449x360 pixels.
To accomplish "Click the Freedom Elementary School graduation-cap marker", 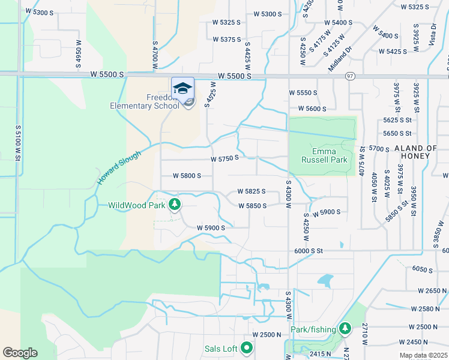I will tap(182, 89).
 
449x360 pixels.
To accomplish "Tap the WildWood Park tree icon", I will tap(174, 205).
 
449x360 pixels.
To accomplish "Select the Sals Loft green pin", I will tap(247, 347).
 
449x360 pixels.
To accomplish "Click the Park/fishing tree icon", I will tap(345, 329).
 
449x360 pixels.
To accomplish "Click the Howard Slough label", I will tap(119, 167).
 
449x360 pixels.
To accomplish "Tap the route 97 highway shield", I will tap(349, 76).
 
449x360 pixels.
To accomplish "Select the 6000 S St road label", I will tap(309, 251).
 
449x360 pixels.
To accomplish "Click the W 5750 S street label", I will tap(225, 158).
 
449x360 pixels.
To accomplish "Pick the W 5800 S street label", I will tap(186, 176).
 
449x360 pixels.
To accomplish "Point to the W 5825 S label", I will tap(252, 191).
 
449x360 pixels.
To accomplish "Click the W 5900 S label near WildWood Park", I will tap(211, 228).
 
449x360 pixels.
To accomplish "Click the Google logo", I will tap(20, 353).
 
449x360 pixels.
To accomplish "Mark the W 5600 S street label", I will tap(307, 109).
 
